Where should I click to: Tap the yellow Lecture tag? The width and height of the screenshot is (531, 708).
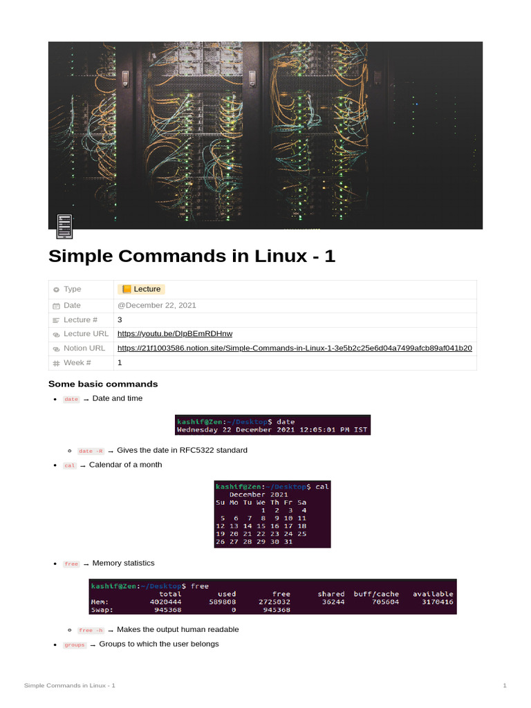[x=142, y=289]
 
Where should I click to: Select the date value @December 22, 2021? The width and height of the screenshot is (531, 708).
[x=157, y=305]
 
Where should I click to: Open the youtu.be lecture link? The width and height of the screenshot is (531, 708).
[x=175, y=334]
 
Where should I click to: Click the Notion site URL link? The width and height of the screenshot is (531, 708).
[x=295, y=348]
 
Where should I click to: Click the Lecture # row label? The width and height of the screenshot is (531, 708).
[x=80, y=319]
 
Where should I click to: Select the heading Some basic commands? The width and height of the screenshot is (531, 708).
[x=103, y=384]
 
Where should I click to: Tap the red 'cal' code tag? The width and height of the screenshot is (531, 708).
[x=70, y=465]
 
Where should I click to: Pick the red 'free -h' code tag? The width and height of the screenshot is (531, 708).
[x=91, y=631]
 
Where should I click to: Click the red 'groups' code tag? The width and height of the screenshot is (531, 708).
[x=74, y=645]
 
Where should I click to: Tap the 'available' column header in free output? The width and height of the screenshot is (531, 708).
[x=433, y=594]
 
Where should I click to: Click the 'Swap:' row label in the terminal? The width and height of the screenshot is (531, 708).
[x=102, y=611]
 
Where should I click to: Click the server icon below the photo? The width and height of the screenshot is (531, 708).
[x=64, y=226]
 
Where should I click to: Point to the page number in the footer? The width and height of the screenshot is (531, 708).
[x=505, y=685]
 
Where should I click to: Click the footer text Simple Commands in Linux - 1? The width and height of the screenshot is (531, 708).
[x=69, y=685]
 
